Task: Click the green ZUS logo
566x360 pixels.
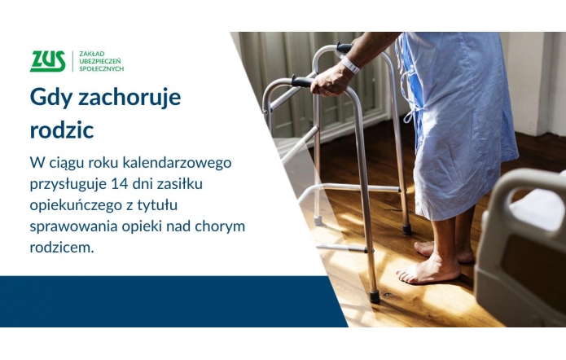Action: pos(47,61)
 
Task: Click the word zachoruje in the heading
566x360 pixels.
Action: pos(133,98)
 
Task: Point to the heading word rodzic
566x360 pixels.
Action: pos(62,129)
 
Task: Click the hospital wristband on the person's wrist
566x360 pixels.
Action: pos(349,64)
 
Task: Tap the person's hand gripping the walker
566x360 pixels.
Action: pos(329,79)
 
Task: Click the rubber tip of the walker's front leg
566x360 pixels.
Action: pos(374,296)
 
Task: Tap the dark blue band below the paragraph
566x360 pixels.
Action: pos(163,301)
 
